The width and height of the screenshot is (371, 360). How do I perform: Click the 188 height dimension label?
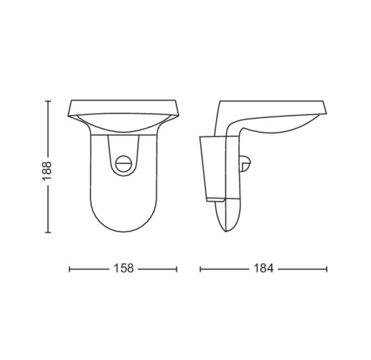[47, 171]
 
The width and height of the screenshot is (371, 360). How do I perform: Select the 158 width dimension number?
[124, 269]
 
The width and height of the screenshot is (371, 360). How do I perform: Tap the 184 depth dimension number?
[264, 269]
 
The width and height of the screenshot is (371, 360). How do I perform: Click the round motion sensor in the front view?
[124, 164]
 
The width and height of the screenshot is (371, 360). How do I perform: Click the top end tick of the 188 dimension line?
[48, 101]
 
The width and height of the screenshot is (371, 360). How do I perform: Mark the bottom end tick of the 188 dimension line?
[48, 232]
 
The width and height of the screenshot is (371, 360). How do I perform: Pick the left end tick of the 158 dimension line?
[69, 269]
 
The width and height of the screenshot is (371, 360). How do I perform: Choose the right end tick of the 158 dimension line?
[176, 269]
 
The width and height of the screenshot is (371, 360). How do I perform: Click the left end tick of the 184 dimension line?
[200, 269]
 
